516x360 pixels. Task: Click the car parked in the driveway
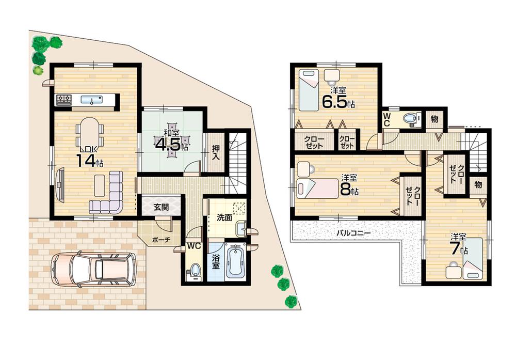point(93,269)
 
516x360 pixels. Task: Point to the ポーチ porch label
point(160,240)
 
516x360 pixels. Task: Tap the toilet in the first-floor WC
point(194,270)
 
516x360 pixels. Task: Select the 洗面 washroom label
point(223,218)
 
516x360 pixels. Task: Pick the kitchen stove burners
point(63,100)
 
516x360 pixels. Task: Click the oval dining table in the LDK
point(90,131)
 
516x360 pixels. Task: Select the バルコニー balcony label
point(353,233)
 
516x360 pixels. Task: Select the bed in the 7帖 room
point(473,258)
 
